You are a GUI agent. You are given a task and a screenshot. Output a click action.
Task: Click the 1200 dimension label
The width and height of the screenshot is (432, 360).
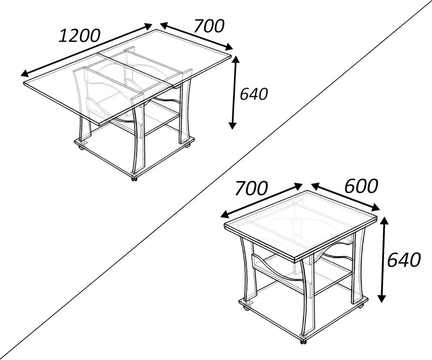80,36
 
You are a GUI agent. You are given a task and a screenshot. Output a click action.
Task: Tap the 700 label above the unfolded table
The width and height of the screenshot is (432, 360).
209,26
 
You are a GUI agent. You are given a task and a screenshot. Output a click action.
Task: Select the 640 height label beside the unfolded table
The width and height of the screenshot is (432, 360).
254,94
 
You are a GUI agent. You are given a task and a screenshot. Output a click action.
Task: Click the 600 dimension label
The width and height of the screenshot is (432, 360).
361,186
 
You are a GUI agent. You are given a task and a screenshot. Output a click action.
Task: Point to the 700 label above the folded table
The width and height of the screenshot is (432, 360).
252,189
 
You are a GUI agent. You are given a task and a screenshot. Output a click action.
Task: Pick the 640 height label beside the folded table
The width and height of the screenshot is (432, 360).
404,260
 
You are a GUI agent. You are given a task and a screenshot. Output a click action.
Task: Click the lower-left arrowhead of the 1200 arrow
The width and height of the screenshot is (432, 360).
24,74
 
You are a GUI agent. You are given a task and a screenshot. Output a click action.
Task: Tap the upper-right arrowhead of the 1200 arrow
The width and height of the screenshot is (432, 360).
149,26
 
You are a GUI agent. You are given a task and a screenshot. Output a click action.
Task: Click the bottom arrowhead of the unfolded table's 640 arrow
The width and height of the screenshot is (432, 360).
232,126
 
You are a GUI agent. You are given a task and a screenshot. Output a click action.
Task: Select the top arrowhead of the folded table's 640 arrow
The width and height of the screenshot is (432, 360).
384,221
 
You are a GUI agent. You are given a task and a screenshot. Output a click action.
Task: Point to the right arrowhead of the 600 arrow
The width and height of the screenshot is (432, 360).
376,207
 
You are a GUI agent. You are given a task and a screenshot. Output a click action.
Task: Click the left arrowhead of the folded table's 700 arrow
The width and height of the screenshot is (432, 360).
225,215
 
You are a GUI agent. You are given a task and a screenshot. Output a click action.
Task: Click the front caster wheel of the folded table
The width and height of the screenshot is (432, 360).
303,341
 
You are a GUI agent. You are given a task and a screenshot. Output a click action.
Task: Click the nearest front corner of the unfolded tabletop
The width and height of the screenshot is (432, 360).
99,125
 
